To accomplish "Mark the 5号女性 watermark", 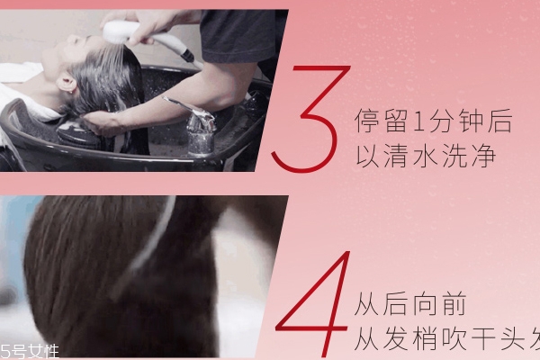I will point(29,349).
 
